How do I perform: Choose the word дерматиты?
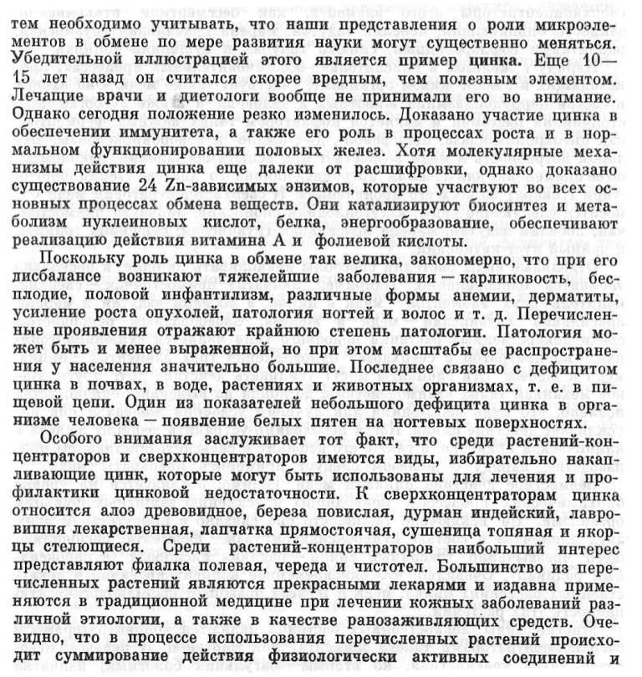coord(577,298)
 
